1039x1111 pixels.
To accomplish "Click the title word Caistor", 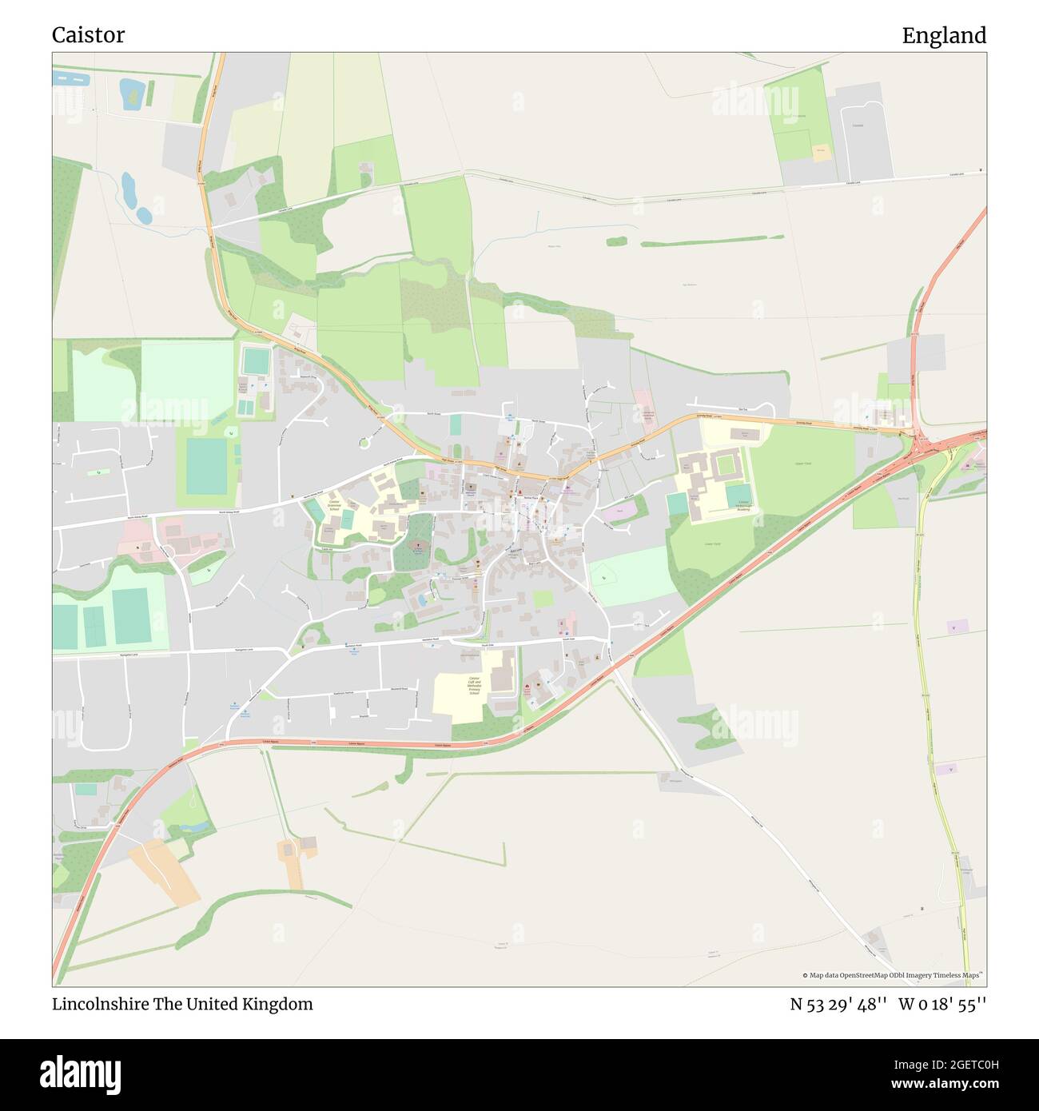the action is [88, 35].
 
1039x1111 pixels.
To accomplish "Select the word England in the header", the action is [944, 35].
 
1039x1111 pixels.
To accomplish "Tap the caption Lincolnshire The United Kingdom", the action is [182, 1004].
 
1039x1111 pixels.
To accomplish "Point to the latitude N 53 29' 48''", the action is [838, 1004].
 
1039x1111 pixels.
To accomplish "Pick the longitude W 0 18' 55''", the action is [942, 1004].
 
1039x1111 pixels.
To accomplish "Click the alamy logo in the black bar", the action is [80, 1073].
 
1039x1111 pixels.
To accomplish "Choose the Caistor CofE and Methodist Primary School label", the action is [473, 685].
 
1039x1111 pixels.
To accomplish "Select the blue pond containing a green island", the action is [130, 94].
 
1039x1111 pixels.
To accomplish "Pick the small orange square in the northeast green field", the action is [821, 152].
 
